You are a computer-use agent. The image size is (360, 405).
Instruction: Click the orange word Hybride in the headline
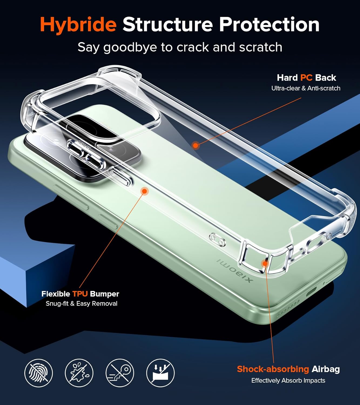[x=78, y=25]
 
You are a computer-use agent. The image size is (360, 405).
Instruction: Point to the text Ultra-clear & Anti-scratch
[x=306, y=88]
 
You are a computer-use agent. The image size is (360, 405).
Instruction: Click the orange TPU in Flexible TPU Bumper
[x=80, y=294]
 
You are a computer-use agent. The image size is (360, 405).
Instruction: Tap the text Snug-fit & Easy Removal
[x=82, y=303]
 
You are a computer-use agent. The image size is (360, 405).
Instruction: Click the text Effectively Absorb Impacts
[x=288, y=380]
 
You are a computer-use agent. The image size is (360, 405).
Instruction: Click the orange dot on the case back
[x=196, y=145]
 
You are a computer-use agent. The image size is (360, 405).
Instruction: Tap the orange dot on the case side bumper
[x=144, y=191]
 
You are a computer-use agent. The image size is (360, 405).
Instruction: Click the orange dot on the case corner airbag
[x=265, y=264]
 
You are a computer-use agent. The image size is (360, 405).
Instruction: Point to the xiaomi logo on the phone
[x=235, y=270]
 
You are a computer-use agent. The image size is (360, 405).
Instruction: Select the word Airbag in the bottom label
[x=326, y=369]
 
